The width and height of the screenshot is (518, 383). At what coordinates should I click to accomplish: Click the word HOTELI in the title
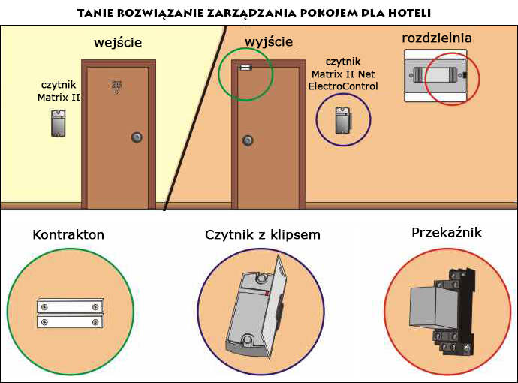tap(410, 14)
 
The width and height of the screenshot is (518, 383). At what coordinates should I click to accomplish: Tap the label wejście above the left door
tap(118, 42)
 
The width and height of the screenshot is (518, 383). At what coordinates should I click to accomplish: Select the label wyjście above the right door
tap(269, 41)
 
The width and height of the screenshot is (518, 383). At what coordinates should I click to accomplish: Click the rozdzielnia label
tap(437, 38)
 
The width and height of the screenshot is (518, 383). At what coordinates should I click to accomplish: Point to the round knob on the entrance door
tap(137, 137)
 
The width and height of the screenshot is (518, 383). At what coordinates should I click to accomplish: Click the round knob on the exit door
tap(247, 140)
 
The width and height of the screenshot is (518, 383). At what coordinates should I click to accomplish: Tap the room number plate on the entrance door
tap(116, 86)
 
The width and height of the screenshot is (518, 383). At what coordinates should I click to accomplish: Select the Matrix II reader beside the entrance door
tap(59, 122)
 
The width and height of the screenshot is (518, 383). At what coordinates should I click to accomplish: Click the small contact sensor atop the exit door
tap(245, 68)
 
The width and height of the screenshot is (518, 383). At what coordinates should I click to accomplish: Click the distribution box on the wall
tap(437, 76)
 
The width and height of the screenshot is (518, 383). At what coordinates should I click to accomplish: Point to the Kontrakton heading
tap(68, 235)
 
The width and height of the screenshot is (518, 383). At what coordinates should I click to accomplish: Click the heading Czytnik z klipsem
tap(263, 235)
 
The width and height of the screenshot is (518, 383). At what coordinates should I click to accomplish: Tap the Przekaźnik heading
tap(447, 233)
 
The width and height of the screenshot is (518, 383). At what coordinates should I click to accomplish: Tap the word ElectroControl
tap(343, 86)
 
